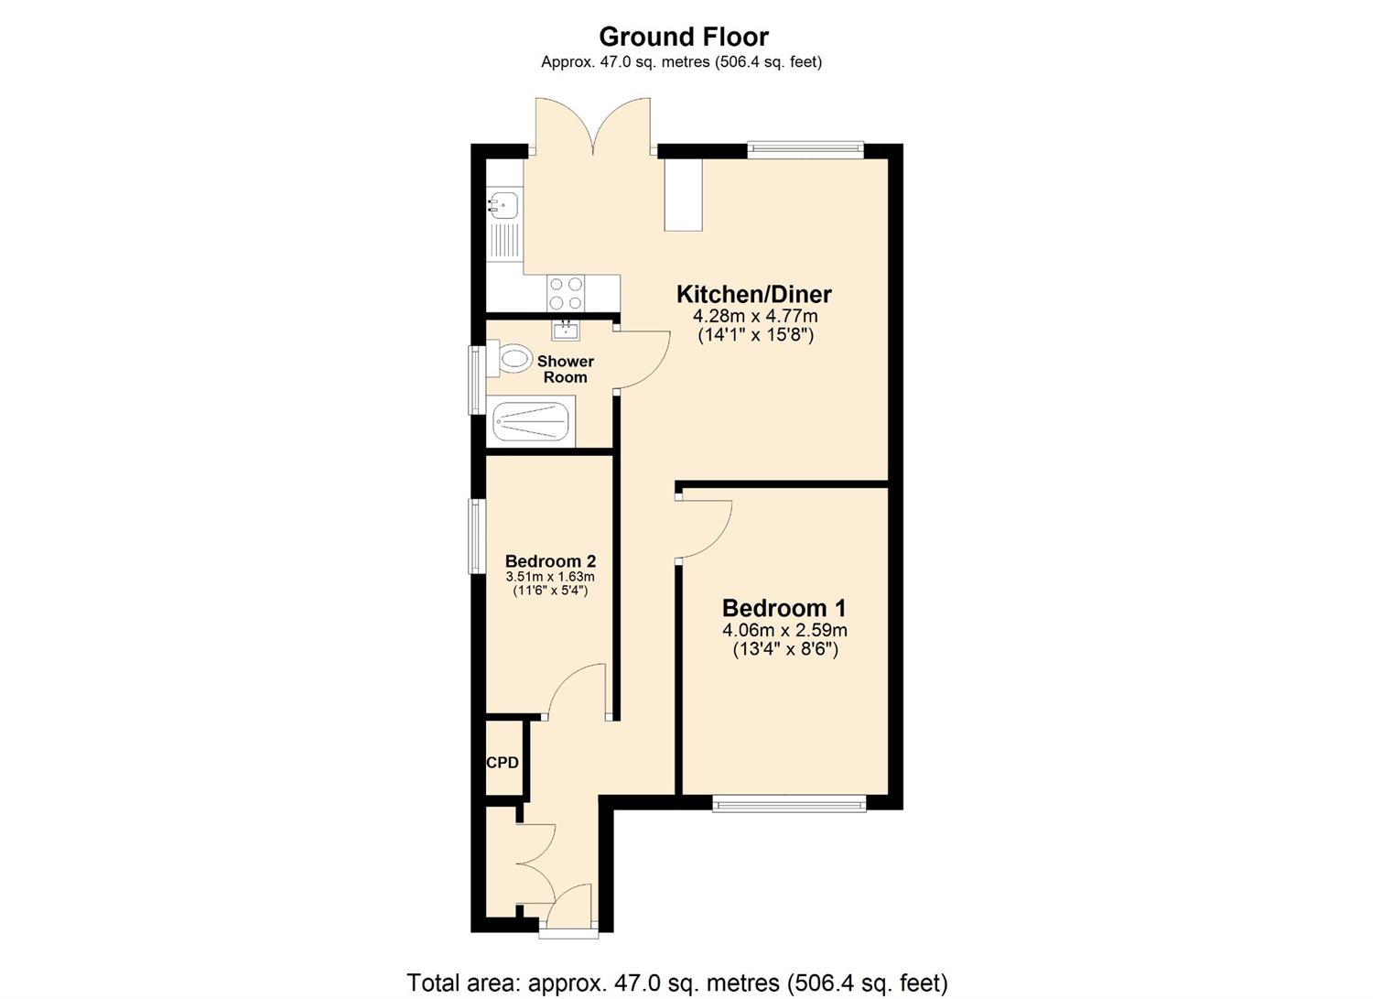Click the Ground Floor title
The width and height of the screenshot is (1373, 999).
[x=684, y=37]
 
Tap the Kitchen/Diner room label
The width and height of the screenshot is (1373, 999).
[x=753, y=295]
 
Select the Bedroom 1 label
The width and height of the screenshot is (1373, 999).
[x=784, y=608]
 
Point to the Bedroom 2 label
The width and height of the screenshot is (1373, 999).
[x=550, y=561]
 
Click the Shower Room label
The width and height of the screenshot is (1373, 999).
[x=565, y=369]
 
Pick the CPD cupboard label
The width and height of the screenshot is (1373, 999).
[x=503, y=763]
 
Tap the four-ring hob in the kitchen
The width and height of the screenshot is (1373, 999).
[x=566, y=293]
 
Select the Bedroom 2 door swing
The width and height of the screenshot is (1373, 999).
[x=577, y=691]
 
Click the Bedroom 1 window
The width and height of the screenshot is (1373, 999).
[x=789, y=804]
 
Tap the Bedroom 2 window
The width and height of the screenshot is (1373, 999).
[x=476, y=536]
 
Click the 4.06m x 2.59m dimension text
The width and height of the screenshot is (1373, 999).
[x=784, y=630]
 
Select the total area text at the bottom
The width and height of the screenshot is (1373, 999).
[x=676, y=983]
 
